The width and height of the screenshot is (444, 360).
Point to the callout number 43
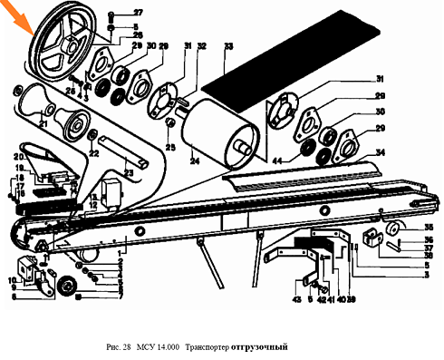[296, 300]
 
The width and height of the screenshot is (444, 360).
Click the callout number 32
[202, 45]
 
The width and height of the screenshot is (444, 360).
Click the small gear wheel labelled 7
[65, 289]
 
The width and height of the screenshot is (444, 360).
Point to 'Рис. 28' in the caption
[120, 348]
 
